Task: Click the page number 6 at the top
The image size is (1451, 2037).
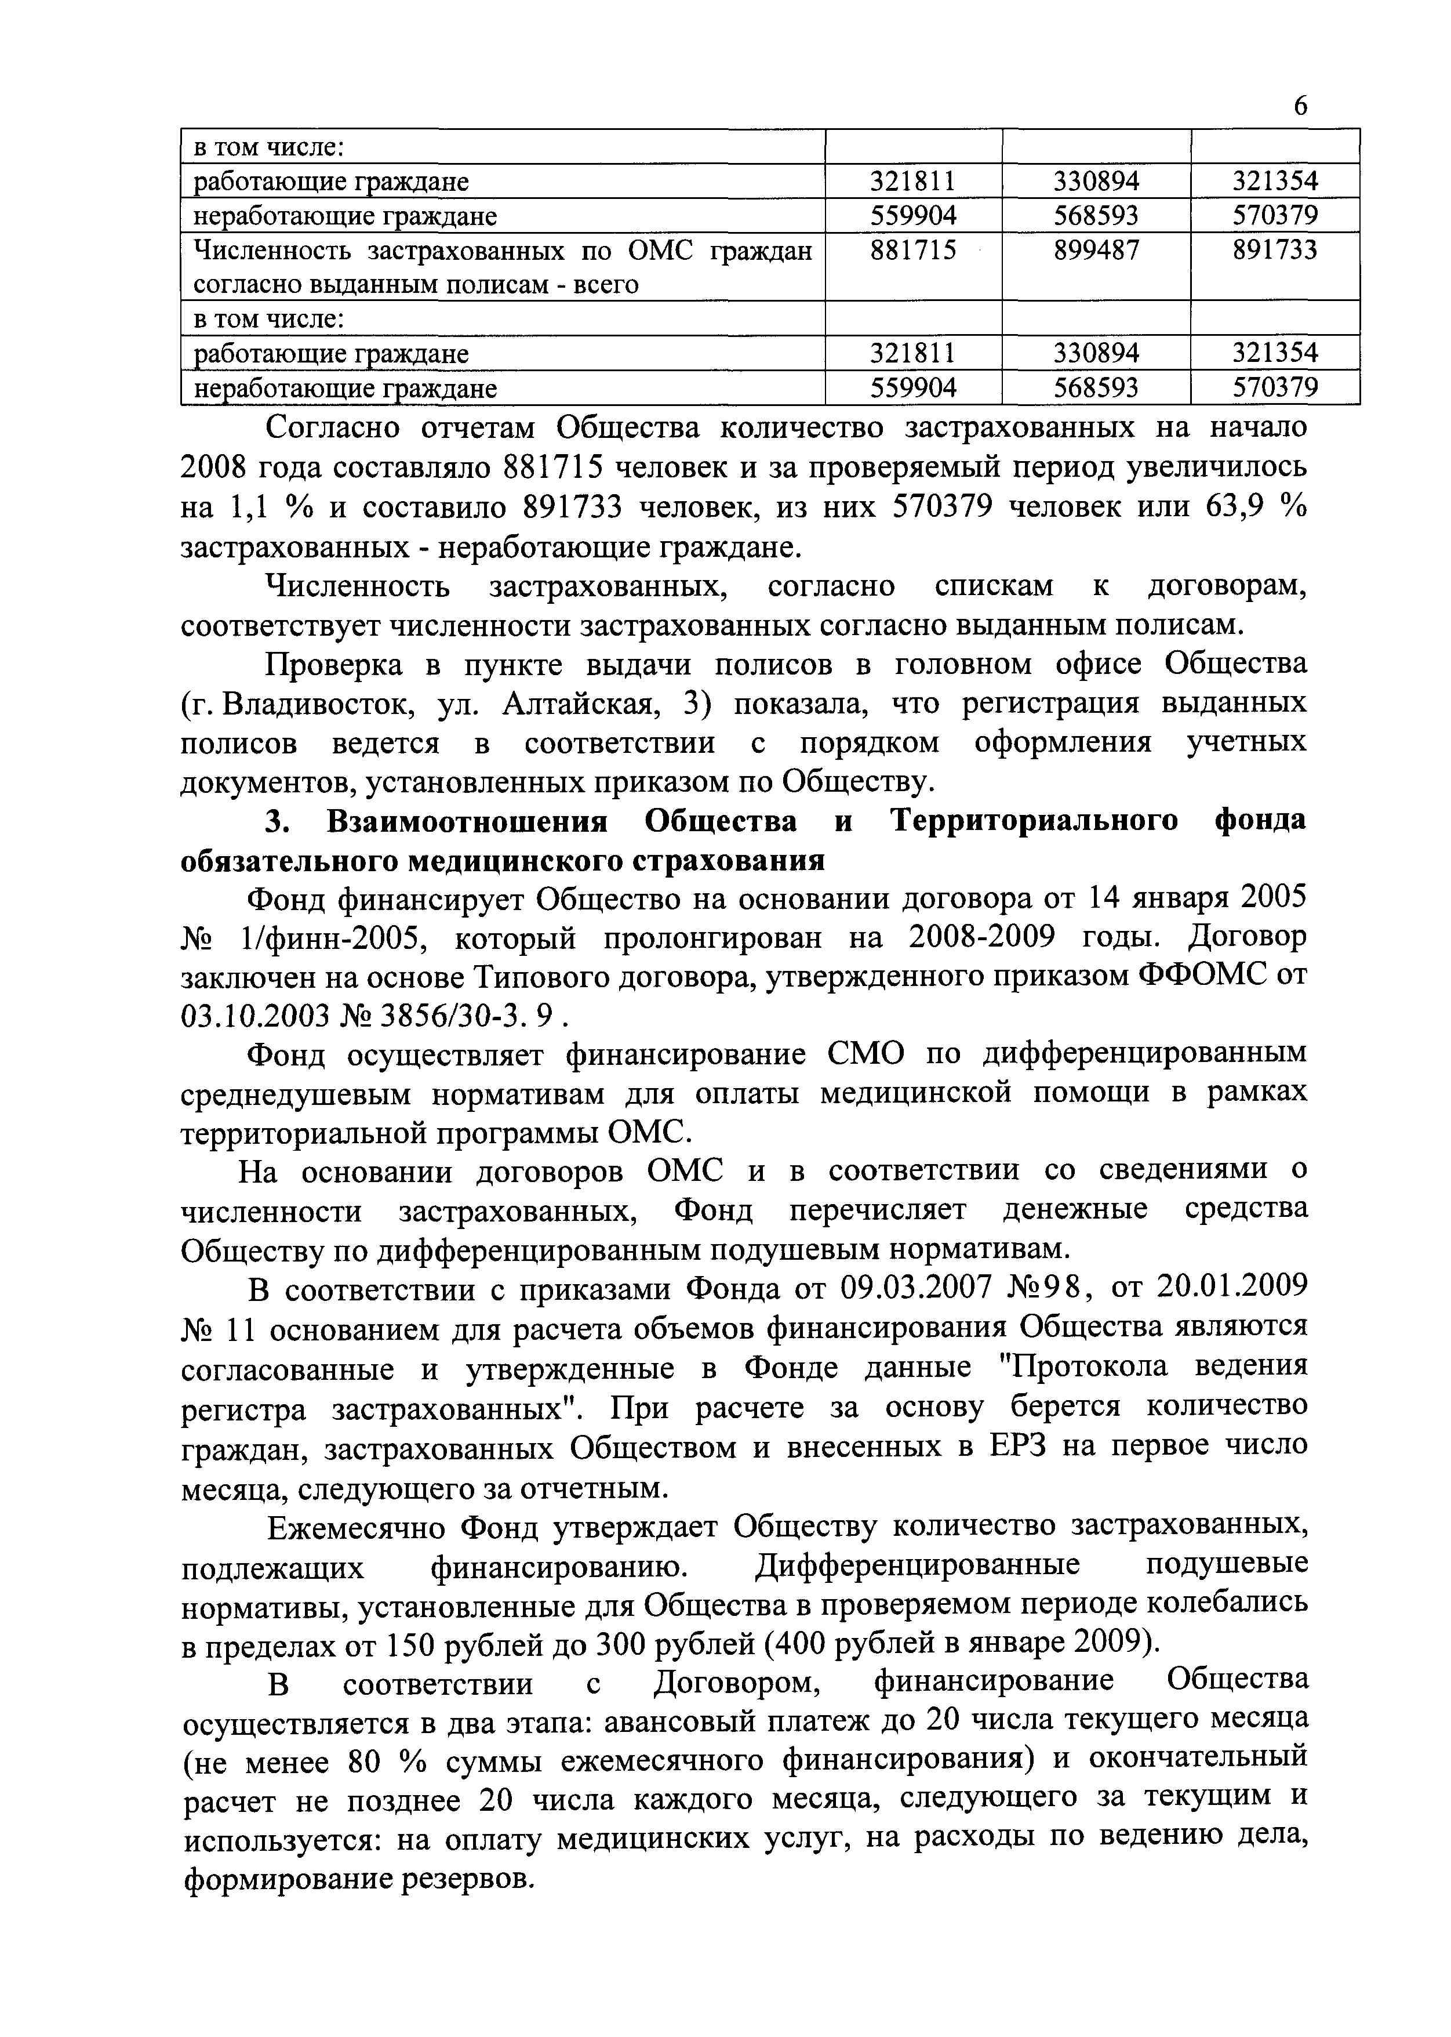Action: (x=1300, y=106)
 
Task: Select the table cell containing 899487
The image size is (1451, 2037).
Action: (x=1096, y=250)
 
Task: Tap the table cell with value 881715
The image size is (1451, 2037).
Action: (x=913, y=250)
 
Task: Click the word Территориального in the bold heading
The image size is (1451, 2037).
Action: (x=1035, y=821)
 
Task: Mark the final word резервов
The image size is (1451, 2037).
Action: (x=464, y=1878)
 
